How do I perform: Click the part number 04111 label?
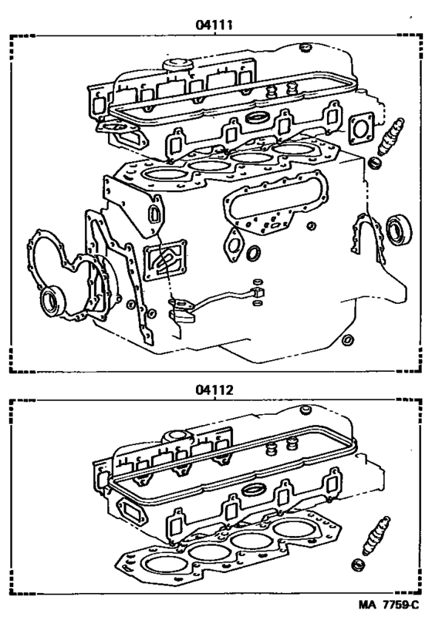[215, 25]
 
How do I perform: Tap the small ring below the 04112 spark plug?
[357, 568]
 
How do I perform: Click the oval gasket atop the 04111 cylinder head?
[255, 119]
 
